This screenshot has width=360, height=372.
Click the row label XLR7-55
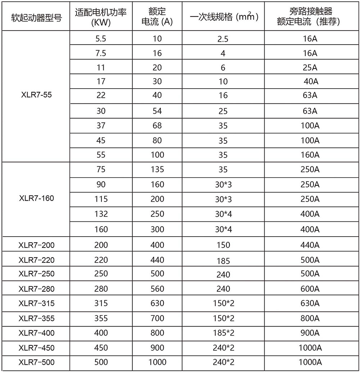(x=36, y=97)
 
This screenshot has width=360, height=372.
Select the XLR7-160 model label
(x=36, y=198)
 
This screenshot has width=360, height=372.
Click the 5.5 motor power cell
(x=101, y=39)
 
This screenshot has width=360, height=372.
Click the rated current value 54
(x=157, y=111)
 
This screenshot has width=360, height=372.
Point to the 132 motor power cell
(x=101, y=214)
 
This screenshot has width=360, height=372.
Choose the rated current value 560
(x=157, y=289)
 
